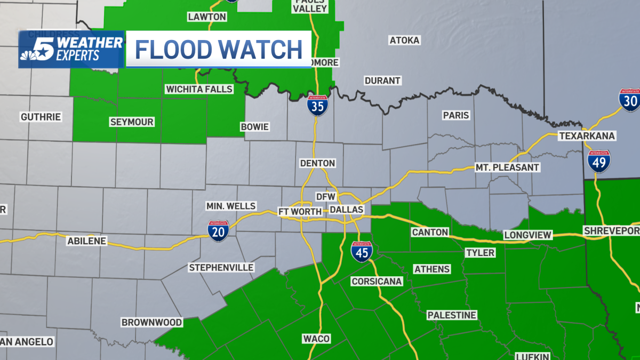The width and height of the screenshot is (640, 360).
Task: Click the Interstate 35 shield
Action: (x=317, y=106)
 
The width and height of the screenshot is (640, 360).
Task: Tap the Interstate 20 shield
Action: (x=219, y=231)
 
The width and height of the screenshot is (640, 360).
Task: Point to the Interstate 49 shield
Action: (x=599, y=161)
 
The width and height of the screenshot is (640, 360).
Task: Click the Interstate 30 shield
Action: (x=630, y=100)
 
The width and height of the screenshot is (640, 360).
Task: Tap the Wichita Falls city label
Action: (x=199, y=89)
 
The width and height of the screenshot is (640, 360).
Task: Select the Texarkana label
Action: (x=587, y=136)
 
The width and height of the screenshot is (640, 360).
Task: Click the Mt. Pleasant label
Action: (x=508, y=167)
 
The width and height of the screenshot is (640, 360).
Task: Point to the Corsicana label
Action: (x=377, y=282)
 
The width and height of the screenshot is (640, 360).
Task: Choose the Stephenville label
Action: (x=221, y=267)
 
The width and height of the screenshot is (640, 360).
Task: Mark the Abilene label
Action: (x=87, y=241)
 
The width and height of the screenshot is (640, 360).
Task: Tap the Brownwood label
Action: (x=152, y=322)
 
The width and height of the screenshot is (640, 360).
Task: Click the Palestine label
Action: (x=452, y=315)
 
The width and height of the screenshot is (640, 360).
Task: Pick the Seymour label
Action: (x=132, y=122)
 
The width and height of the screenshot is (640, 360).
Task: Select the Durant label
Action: (x=382, y=81)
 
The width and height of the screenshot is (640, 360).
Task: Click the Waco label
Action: (x=316, y=339)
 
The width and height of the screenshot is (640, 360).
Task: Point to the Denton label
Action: (x=317, y=163)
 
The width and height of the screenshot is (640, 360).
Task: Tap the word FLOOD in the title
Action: (x=173, y=50)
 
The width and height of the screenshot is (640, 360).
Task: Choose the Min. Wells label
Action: (x=231, y=206)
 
